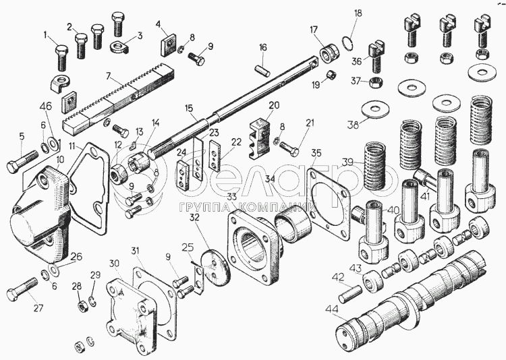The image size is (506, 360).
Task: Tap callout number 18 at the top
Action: (x=358, y=13)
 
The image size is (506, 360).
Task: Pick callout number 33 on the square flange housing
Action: (x=232, y=197)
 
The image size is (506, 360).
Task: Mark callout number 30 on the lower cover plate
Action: (x=114, y=262)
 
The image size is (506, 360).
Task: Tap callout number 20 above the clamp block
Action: (x=273, y=105)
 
